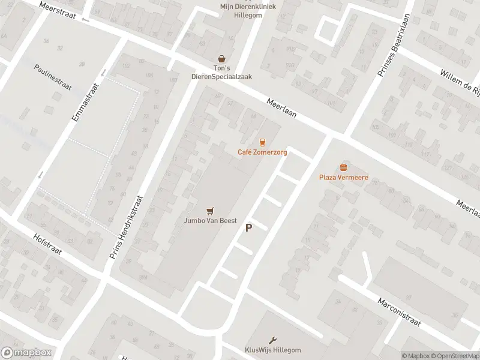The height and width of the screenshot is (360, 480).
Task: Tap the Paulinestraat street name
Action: [x=53, y=77]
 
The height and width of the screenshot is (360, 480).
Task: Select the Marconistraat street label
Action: [x=399, y=310]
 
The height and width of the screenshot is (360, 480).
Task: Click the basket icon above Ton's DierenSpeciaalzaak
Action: [x=223, y=58]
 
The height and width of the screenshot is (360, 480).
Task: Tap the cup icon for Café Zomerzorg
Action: [x=262, y=142]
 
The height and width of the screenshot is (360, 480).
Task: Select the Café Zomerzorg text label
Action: [x=262, y=152]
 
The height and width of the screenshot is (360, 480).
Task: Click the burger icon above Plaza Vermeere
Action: [x=343, y=167]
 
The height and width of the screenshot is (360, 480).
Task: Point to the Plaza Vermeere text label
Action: [x=343, y=178]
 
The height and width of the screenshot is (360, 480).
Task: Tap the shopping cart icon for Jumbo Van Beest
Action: [x=209, y=210]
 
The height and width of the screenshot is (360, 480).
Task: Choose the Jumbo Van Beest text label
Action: [x=209, y=221]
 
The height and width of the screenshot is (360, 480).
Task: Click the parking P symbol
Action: [x=248, y=228]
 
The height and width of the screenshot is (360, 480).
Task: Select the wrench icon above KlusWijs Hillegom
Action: [x=274, y=340]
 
